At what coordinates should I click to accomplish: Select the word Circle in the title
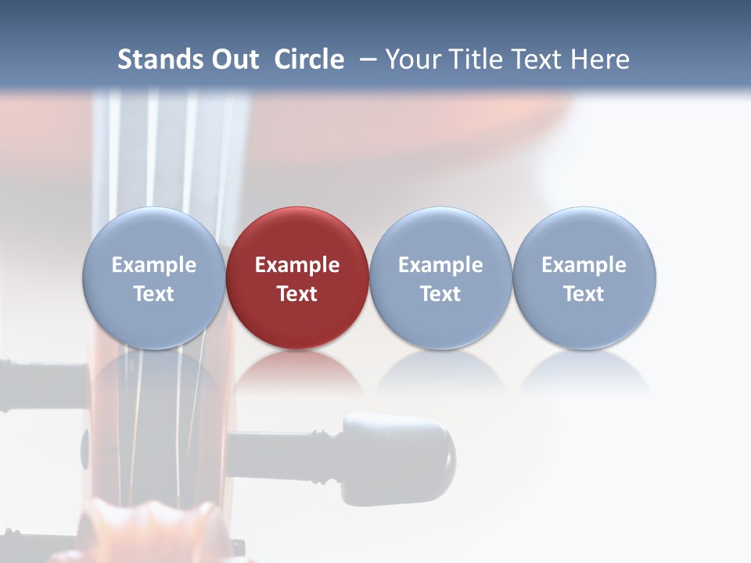click(309, 59)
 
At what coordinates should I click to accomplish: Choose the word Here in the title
click(601, 59)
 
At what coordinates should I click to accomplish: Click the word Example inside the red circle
click(297, 265)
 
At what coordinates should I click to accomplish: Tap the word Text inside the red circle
click(297, 294)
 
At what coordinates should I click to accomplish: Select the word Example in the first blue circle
click(154, 265)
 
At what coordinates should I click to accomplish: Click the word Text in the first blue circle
click(154, 294)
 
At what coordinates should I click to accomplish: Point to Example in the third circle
click(440, 265)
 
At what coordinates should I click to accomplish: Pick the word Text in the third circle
click(440, 294)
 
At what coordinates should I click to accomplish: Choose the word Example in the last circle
click(584, 265)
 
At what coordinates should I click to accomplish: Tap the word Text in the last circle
click(584, 294)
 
